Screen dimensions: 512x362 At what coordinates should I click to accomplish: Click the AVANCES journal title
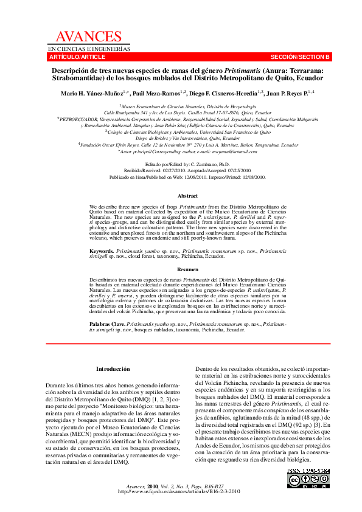click(x=88, y=37)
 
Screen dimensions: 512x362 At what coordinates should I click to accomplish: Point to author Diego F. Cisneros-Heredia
click(x=220, y=93)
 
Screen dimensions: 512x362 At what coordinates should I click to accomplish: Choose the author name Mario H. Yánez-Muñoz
click(x=91, y=93)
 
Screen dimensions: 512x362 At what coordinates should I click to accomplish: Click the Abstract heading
click(x=187, y=196)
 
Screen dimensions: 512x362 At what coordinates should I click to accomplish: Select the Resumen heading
click(x=187, y=268)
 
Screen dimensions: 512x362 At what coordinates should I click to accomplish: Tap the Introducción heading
click(x=113, y=369)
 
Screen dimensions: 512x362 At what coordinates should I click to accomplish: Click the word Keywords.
click(x=101, y=251)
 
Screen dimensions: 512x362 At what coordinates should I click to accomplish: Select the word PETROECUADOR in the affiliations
click(x=78, y=119)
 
